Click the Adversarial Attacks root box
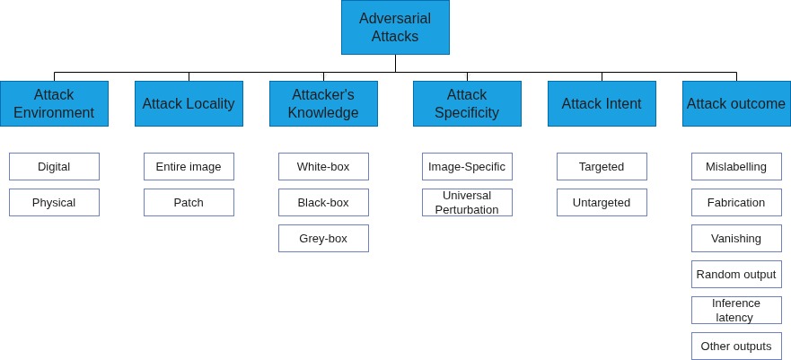(395, 28)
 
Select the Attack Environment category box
(54, 103)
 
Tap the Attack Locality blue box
(189, 103)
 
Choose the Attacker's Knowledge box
(323, 103)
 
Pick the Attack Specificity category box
(467, 103)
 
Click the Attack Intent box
(602, 103)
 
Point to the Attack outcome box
(736, 103)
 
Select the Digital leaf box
(54, 166)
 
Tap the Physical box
(54, 202)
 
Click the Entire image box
(189, 166)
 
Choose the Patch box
(189, 202)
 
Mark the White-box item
(323, 166)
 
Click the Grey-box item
(323, 238)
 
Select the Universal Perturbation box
(467, 202)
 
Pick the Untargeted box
(602, 202)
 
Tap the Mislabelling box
(736, 166)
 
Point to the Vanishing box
(736, 238)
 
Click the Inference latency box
(736, 310)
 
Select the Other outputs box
(736, 346)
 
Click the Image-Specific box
(467, 166)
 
